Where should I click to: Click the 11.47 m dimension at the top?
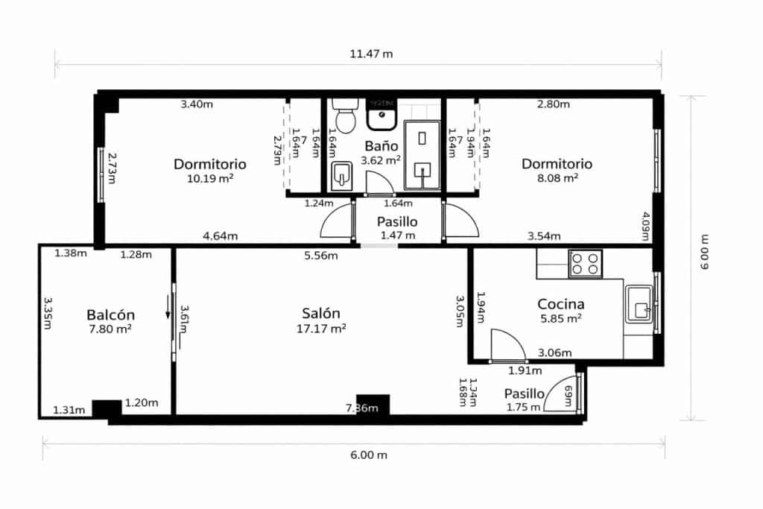click(x=372, y=54)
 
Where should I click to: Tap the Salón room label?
click(x=321, y=314)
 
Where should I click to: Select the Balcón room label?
click(x=110, y=314)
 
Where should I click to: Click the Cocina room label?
click(x=560, y=304)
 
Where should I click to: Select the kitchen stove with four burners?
click(x=585, y=263)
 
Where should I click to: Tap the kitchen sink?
click(x=639, y=303)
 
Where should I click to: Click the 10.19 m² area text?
click(x=209, y=179)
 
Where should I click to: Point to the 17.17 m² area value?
click(x=321, y=328)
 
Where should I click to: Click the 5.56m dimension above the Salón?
click(x=320, y=256)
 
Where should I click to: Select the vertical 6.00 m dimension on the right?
click(x=704, y=253)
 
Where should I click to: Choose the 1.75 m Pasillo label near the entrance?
click(x=522, y=401)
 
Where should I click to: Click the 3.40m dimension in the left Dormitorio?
click(x=197, y=104)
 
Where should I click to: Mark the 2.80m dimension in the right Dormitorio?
click(x=554, y=104)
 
